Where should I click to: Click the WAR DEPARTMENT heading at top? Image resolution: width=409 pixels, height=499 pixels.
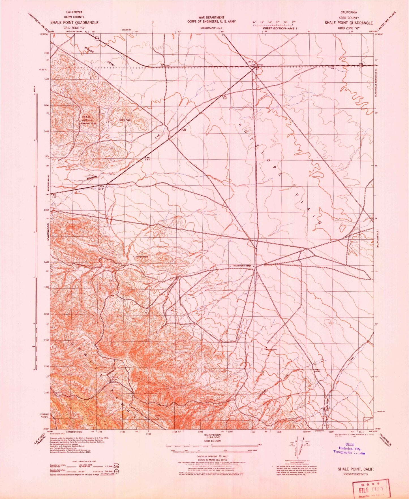coord(211,18)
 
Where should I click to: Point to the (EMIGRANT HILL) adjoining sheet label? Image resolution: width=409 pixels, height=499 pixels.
coord(212,28)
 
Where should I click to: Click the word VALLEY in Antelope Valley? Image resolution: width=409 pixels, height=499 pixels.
coord(111,64)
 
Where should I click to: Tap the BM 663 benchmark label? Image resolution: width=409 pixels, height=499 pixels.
coord(224,97)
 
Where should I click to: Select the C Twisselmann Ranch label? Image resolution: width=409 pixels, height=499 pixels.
coord(240,266)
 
